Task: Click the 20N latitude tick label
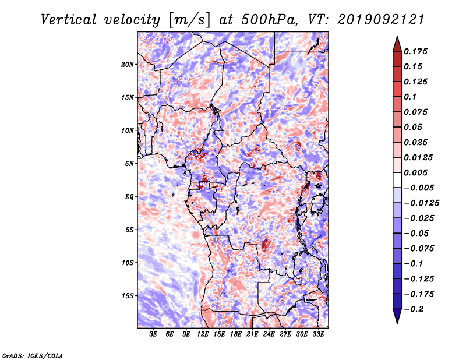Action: [127, 65]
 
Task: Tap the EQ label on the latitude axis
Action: [129, 197]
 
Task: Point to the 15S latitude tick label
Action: [128, 296]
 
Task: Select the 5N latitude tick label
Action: [129, 164]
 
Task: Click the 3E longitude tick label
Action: [153, 334]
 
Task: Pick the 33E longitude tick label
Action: [318, 334]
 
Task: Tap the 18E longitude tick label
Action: [236, 334]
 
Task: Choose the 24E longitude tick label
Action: [269, 334]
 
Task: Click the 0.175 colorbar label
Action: [415, 51]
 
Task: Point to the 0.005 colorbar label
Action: [415, 172]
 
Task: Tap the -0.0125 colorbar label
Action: [421, 203]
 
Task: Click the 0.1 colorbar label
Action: [410, 97]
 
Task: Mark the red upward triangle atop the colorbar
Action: [397, 45]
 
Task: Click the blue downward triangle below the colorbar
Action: [397, 316]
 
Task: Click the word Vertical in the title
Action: [69, 20]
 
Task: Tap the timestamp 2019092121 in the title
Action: [381, 20]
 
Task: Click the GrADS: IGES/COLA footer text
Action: [33, 355]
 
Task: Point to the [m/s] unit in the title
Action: [189, 20]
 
